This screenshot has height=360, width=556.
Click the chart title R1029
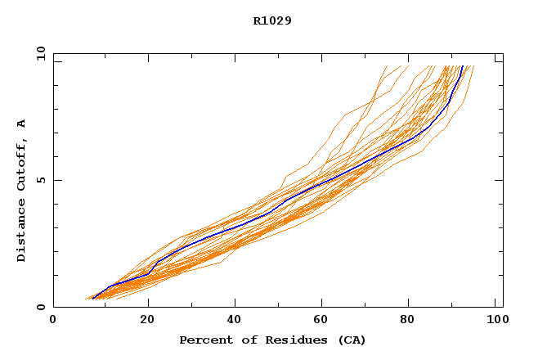pyautogui.click(x=272, y=20)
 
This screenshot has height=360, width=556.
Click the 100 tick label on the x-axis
pyautogui.click(x=495, y=320)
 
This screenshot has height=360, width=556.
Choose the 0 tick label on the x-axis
pyautogui.click(x=54, y=320)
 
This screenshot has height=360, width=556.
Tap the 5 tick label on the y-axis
pyautogui.click(x=38, y=180)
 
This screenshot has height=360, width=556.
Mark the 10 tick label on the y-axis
pyautogui.click(x=38, y=53)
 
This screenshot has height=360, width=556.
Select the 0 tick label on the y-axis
pyautogui.click(x=38, y=308)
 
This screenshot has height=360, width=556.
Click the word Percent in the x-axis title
pyautogui.click(x=202, y=340)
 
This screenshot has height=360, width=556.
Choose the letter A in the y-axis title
pyautogui.click(x=21, y=123)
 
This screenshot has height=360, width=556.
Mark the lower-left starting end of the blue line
pyautogui.click(x=93, y=298)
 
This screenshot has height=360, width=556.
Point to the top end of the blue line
pyautogui.click(x=462, y=66)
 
